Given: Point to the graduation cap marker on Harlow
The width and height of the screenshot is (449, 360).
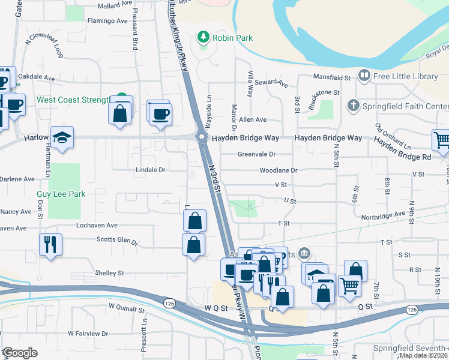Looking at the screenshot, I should pyautogui.click(x=62, y=137).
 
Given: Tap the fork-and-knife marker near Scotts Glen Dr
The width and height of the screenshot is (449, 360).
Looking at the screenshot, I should pyautogui.click(x=50, y=244).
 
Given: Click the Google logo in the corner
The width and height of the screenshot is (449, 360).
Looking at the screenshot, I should pyautogui.click(x=19, y=353).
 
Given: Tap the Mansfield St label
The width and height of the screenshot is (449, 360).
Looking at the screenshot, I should pyautogui.click(x=332, y=77).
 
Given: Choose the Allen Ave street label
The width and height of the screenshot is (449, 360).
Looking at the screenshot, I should pyautogui.click(x=253, y=120).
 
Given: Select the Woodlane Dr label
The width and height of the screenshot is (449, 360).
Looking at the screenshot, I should pyautogui.click(x=279, y=170).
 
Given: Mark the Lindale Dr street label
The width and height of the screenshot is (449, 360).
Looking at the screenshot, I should pyautogui.click(x=149, y=170).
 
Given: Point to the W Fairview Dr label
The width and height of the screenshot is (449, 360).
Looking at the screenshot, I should pyautogui.click(x=88, y=333).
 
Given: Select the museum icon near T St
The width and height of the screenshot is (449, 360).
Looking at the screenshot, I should pyautogui.click(x=304, y=254).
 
